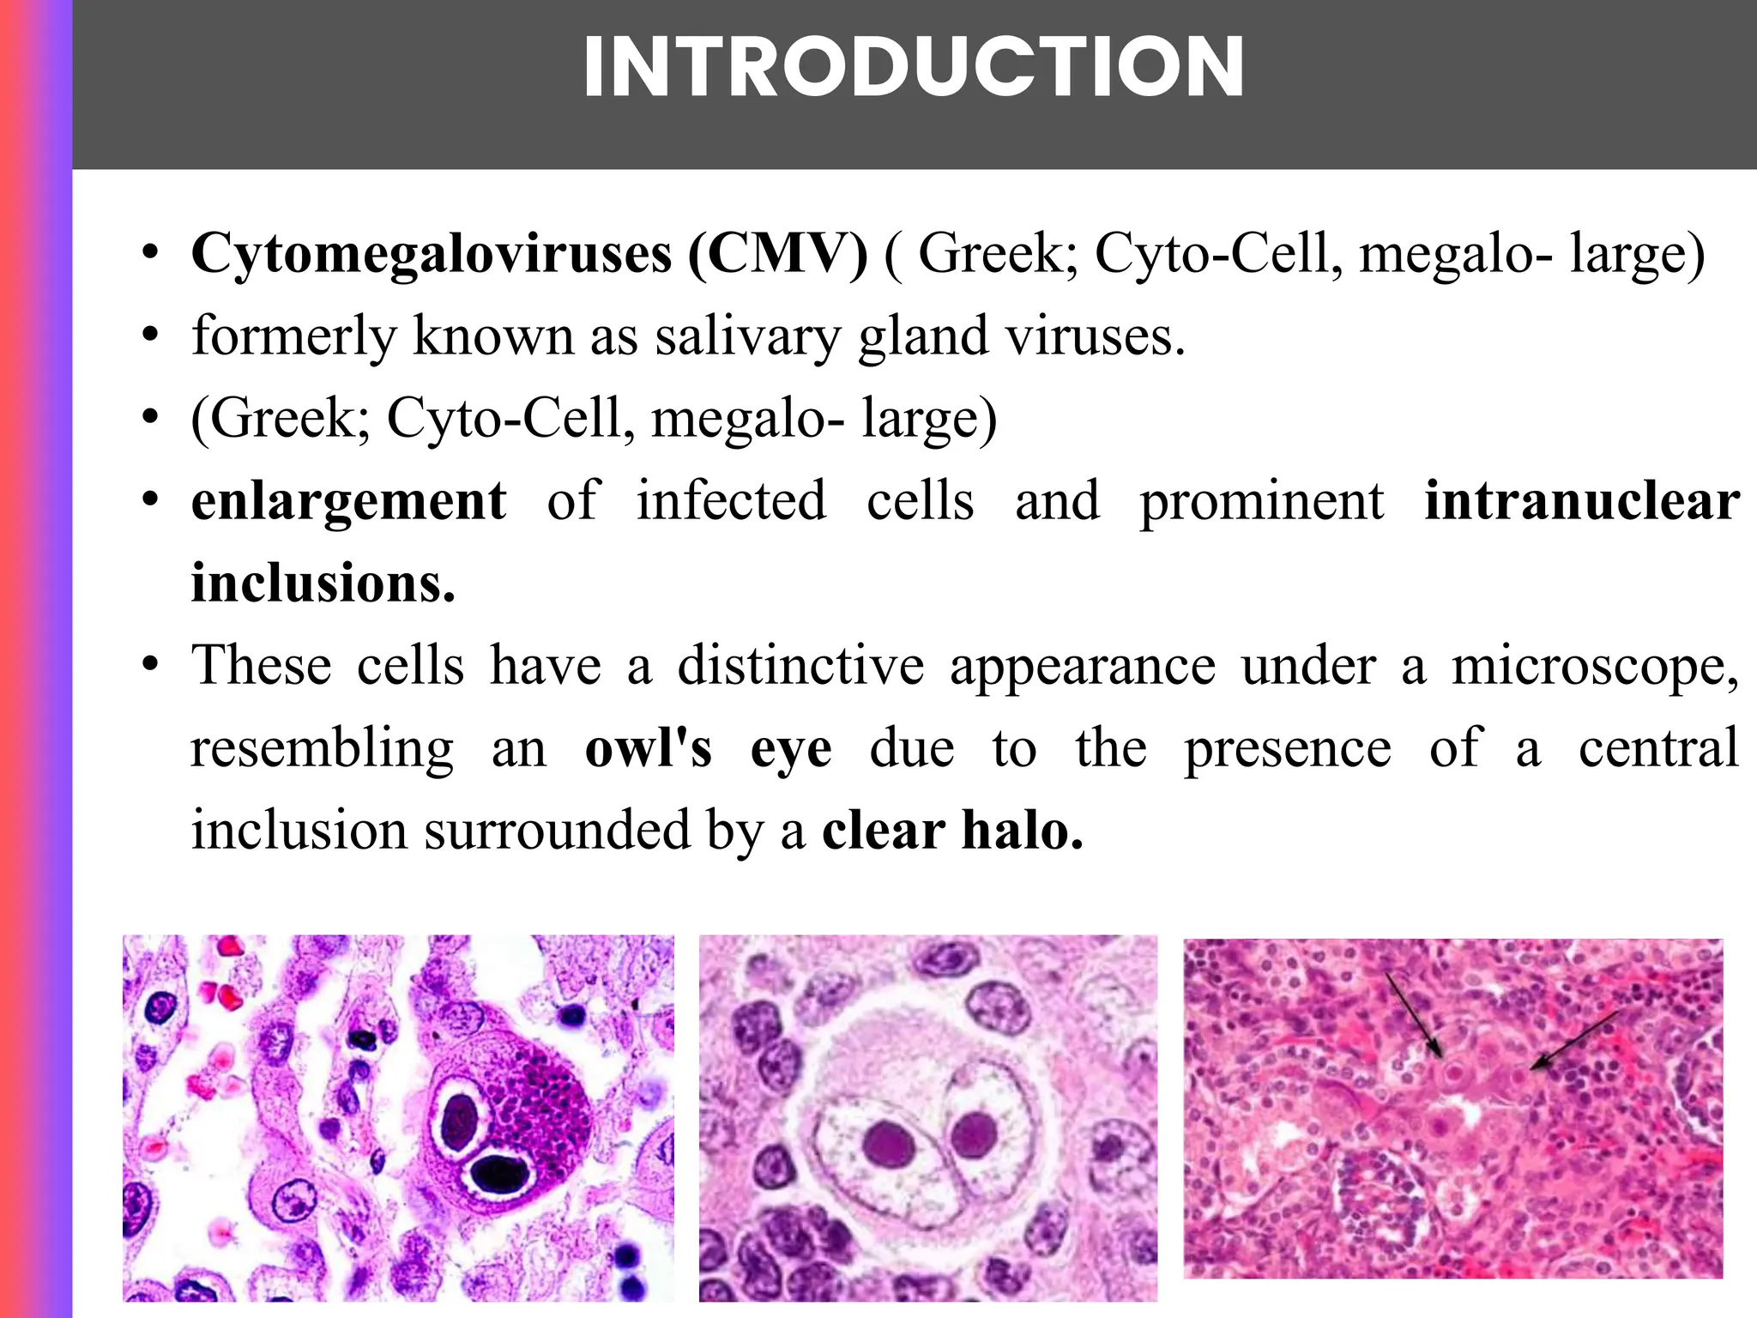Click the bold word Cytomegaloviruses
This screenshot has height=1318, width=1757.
(x=432, y=254)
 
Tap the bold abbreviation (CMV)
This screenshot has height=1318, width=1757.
(x=777, y=254)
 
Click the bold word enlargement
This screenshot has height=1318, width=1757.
(x=348, y=501)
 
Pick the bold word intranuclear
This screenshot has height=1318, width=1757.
(x=1582, y=501)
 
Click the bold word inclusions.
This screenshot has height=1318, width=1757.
(x=323, y=583)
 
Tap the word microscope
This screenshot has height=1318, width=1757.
(x=1595, y=666)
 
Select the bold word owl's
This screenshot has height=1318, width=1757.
(x=649, y=748)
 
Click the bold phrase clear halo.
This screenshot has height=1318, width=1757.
(x=952, y=831)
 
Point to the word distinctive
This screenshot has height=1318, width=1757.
(x=800, y=666)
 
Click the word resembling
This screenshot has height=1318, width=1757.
(x=322, y=748)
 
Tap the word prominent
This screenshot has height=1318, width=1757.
(x=1261, y=501)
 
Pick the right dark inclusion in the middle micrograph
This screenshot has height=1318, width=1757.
(x=974, y=1134)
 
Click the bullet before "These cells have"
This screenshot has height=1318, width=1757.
(x=151, y=666)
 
